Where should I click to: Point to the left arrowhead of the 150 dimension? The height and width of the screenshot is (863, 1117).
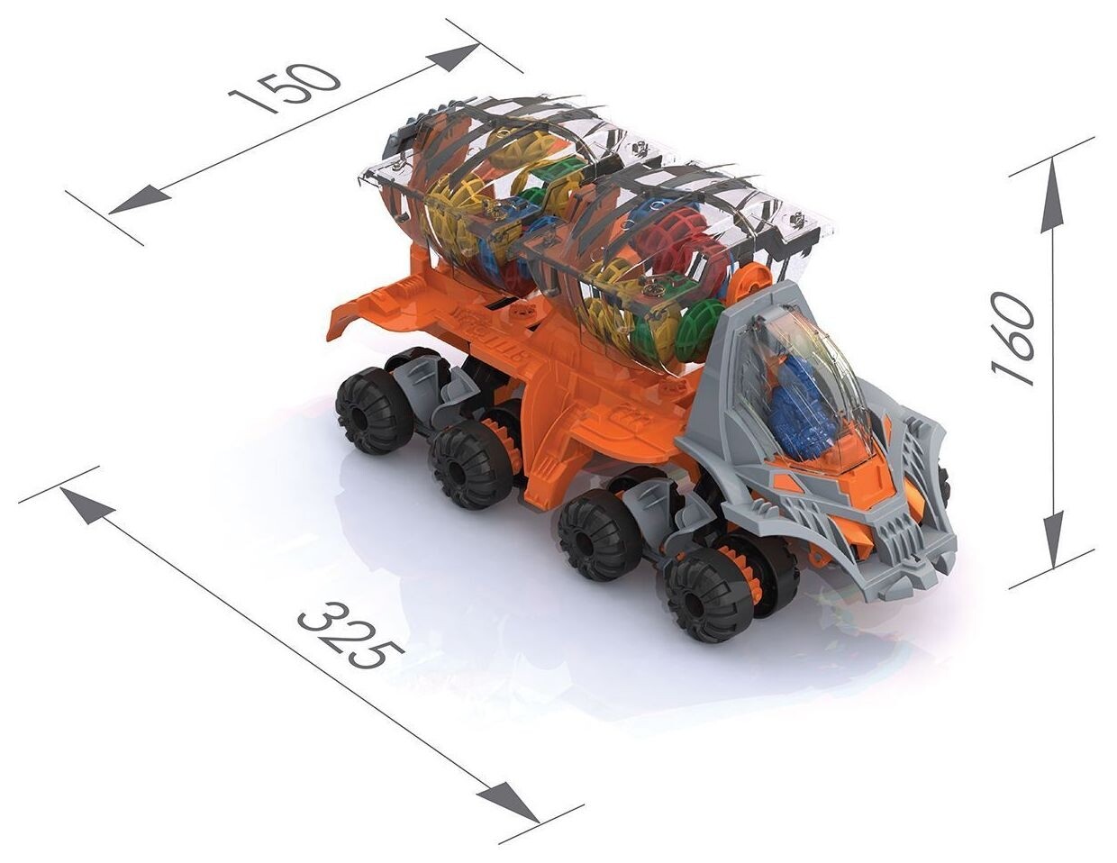[140, 203]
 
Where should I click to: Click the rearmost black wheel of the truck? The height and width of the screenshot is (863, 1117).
[374, 418]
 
